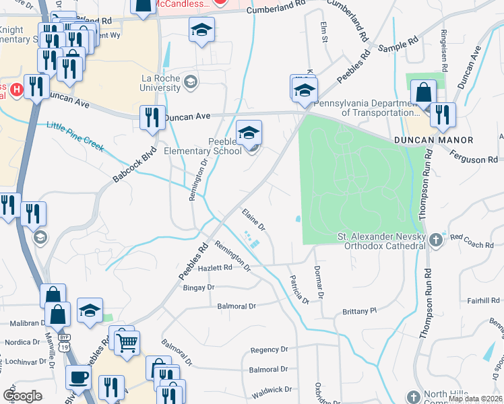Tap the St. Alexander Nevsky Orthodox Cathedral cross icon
pos(436,239)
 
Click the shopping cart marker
pos(126,343)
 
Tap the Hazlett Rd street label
pos(215,268)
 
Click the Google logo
pos(22,395)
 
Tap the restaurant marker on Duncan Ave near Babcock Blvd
pos(152,117)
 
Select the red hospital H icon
pos(15,88)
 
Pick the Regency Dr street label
pos(269,350)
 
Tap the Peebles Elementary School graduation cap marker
pos(249,131)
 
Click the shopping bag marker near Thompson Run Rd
pos(424,92)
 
